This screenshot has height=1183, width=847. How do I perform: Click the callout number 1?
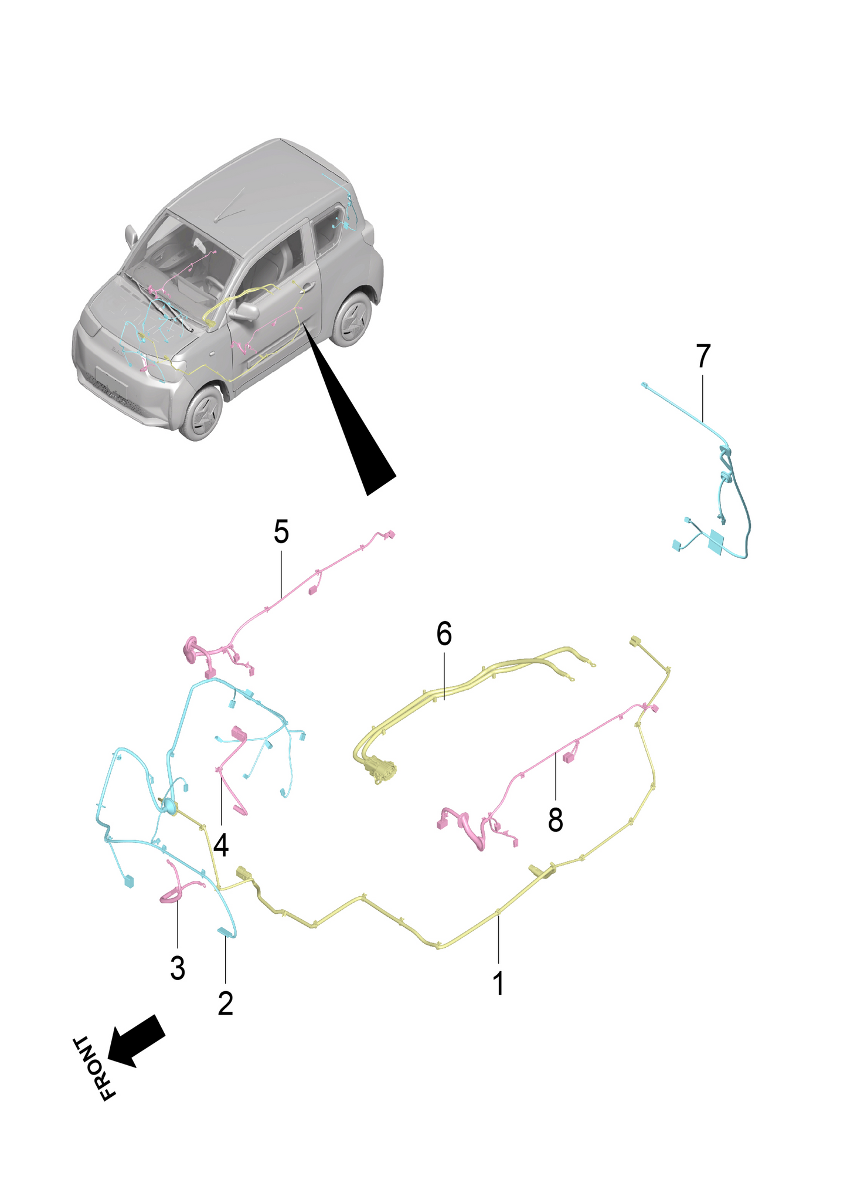[498, 984]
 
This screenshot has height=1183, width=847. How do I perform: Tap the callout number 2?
[225, 1004]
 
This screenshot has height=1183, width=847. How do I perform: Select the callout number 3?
[178, 968]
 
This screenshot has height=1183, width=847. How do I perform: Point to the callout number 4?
[221, 845]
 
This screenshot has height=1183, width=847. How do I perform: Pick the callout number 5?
[281, 532]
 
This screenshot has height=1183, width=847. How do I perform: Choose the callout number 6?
[444, 634]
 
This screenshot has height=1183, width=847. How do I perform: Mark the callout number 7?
[703, 356]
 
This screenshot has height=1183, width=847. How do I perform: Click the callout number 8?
[555, 820]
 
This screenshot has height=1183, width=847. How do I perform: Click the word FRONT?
[94, 1068]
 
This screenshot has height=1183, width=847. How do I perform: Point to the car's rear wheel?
[352, 320]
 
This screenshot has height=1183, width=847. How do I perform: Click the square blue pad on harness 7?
[716, 542]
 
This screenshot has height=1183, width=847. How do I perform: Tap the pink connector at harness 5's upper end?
[390, 534]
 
